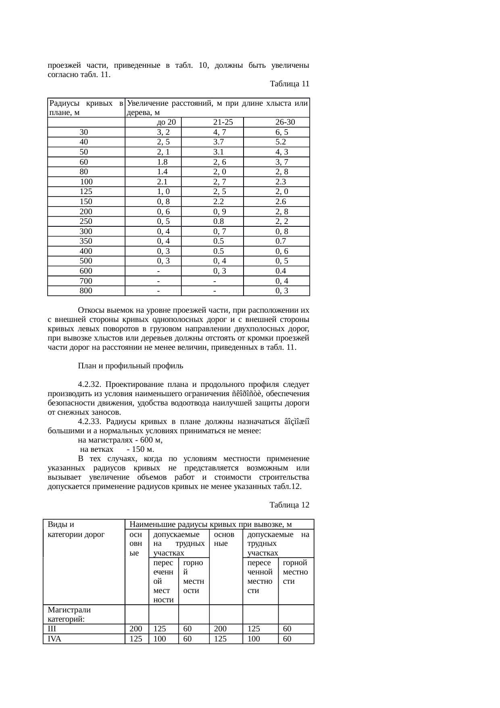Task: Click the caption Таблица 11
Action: (289, 84)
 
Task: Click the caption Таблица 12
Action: (289, 505)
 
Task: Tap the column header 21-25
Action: (223, 122)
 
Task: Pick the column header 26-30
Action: (285, 122)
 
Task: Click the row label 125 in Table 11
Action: (86, 192)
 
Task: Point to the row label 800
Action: (86, 290)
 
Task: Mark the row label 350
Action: (86, 241)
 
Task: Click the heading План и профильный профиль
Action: (131, 366)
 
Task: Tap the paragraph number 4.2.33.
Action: (91, 422)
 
